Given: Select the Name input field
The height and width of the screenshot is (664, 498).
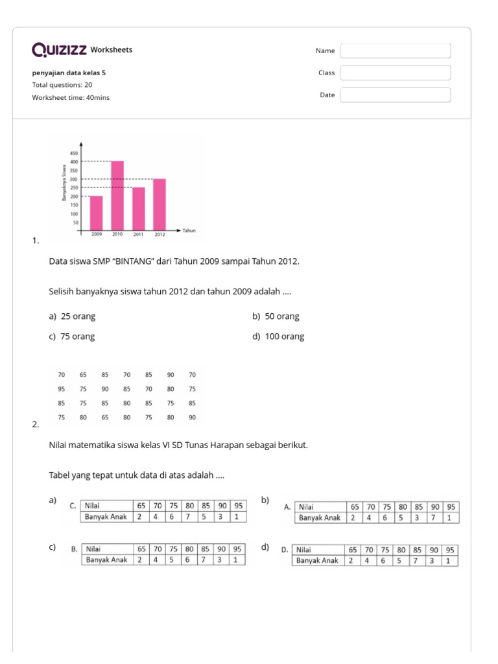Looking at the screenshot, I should click(395, 51).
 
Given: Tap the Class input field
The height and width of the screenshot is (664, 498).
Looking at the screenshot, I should click(395, 73).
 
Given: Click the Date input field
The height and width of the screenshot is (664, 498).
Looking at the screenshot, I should click(395, 95).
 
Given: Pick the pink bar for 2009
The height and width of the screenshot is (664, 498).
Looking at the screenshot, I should click(96, 213).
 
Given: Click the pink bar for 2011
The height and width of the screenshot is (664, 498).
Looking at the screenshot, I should click(139, 208).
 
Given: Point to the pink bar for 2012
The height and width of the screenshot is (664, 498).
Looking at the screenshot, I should click(160, 204).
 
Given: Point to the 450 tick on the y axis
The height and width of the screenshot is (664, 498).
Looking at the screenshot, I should click(73, 153).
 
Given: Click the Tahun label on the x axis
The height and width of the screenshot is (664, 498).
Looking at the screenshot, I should click(189, 231).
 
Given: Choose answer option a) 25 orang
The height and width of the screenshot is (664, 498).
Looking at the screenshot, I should click(72, 316).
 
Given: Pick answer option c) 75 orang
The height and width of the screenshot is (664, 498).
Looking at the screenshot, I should click(72, 337).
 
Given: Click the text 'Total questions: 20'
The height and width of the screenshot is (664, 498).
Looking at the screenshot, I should click(62, 85).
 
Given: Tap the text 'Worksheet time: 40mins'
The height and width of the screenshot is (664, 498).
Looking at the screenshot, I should click(71, 97).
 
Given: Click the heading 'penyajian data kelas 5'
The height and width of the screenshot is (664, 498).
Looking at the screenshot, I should click(69, 73).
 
